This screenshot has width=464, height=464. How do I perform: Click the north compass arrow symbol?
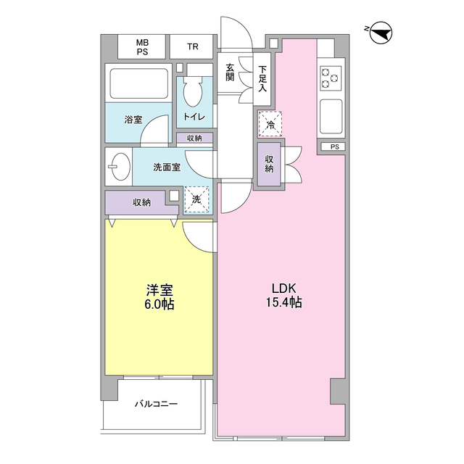(381, 33)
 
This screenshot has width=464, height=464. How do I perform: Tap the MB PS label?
(142, 47)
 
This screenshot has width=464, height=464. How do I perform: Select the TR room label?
(193, 46)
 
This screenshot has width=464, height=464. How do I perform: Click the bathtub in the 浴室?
(139, 84)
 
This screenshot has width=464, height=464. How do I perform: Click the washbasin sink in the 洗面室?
(118, 167)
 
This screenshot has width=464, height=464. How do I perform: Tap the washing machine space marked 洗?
(196, 199)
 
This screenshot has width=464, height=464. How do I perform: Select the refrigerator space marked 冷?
(270, 124)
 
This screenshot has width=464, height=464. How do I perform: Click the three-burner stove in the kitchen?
(331, 78)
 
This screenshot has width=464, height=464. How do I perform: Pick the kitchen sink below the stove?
(331, 116)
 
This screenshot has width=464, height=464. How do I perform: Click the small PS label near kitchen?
(335, 146)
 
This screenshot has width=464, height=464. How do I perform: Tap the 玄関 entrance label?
(230, 72)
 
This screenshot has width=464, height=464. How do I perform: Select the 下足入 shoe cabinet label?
(262, 78)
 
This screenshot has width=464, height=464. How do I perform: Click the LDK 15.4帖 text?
(283, 295)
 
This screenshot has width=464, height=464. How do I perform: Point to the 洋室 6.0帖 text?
(159, 297)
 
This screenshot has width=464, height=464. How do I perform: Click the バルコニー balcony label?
(157, 404)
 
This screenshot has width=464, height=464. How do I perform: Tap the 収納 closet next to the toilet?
(194, 138)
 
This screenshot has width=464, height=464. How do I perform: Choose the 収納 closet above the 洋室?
(142, 202)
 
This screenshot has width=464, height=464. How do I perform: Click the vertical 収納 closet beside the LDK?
(269, 165)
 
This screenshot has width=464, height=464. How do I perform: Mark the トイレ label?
(194, 117)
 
